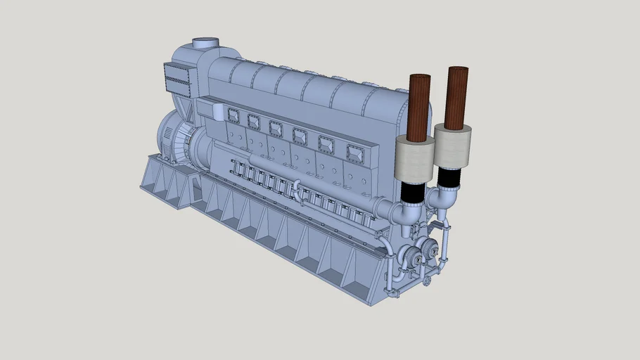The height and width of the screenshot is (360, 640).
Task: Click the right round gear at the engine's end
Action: point(426,248)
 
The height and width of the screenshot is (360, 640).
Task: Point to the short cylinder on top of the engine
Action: point(205,44)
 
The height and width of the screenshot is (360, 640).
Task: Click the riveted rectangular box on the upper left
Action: point(177,79)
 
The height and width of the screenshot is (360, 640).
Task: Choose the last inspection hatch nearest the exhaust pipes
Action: point(354,151)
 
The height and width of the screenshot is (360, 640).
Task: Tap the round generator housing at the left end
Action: point(172,138)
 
